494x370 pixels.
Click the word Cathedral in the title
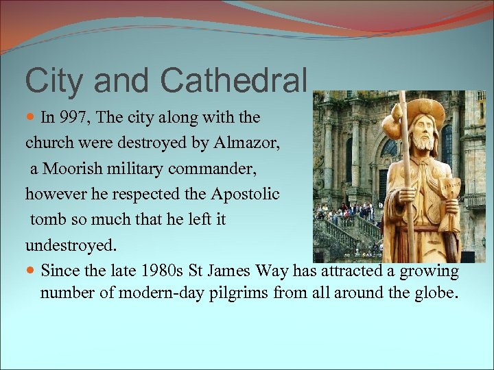233,80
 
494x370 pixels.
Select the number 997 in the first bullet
74,117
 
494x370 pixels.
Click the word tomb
46,220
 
